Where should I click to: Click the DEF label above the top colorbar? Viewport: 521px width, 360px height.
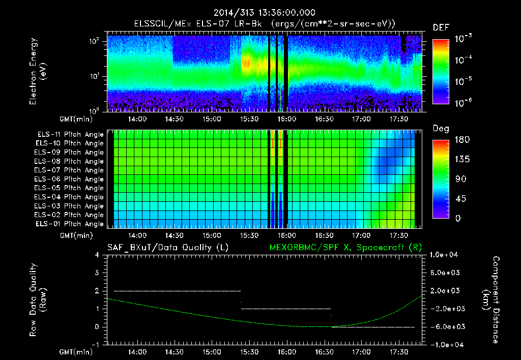point(441,27)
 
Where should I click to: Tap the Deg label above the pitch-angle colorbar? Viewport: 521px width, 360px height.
point(441,129)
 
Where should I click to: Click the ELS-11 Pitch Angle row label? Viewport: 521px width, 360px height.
point(69,135)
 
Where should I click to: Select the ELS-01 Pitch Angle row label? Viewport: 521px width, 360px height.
point(69,224)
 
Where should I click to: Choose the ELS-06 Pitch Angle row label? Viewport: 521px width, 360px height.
point(69,179)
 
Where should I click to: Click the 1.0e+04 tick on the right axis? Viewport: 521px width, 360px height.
point(445,255)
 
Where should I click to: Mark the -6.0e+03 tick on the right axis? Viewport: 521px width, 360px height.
point(445,326)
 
